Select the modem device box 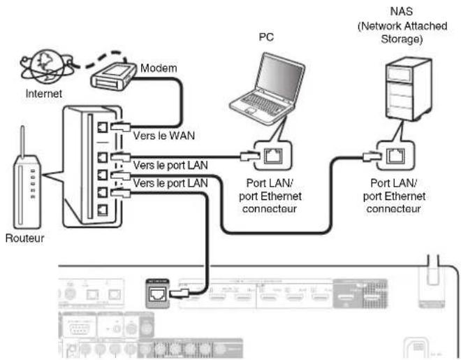pos(113,74)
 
